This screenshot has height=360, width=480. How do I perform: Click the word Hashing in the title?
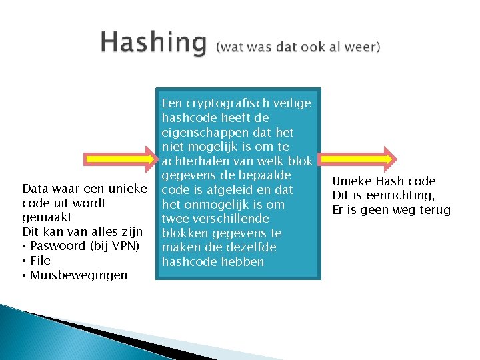[153, 43]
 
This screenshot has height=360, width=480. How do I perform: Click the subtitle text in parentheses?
[298, 46]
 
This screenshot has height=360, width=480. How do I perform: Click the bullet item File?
[40, 261]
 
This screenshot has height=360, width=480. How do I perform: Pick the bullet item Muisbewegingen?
[79, 275]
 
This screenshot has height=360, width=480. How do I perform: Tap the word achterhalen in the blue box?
[197, 161]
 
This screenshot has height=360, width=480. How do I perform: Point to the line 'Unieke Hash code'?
[383, 181]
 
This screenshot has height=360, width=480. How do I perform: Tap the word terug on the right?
[433, 210]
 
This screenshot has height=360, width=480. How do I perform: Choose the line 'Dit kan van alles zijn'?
[83, 231]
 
